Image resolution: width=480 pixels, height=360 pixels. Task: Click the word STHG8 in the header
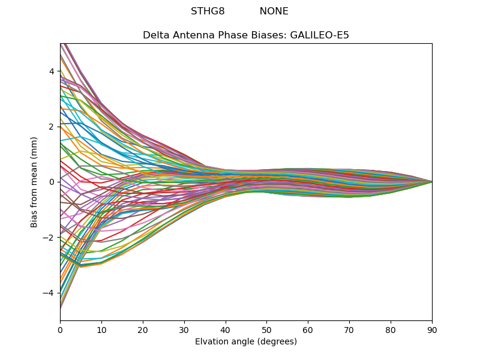pyautogui.click(x=208, y=11)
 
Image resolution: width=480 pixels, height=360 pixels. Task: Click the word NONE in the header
pyautogui.click(x=274, y=11)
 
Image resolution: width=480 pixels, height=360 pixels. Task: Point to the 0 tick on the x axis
pyautogui.click(x=60, y=329)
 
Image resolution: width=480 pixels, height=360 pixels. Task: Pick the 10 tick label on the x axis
pyautogui.click(x=101, y=329)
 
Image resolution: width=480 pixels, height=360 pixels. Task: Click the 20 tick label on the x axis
pyautogui.click(x=143, y=329)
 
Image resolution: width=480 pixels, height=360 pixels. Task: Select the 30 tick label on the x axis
pyautogui.click(x=184, y=329)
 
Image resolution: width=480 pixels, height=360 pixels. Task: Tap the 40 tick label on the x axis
pyautogui.click(x=226, y=329)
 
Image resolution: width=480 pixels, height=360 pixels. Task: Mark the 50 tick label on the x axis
pyautogui.click(x=266, y=329)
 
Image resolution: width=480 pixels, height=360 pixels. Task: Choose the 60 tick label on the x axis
pyautogui.click(x=308, y=329)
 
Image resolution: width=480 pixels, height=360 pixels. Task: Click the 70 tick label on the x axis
pyautogui.click(x=349, y=329)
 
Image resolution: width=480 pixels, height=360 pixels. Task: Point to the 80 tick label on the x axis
pyautogui.click(x=391, y=329)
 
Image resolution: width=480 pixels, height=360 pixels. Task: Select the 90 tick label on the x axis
pyautogui.click(x=432, y=329)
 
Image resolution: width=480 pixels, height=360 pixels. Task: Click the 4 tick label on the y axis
pyautogui.click(x=52, y=71)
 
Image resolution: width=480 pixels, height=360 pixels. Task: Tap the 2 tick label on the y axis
pyautogui.click(x=52, y=127)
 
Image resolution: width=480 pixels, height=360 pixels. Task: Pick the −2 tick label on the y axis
pyautogui.click(x=49, y=238)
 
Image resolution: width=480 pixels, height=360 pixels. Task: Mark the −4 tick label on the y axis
pyautogui.click(x=49, y=293)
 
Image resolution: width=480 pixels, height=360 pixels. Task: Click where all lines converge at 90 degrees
pyautogui.click(x=432, y=182)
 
